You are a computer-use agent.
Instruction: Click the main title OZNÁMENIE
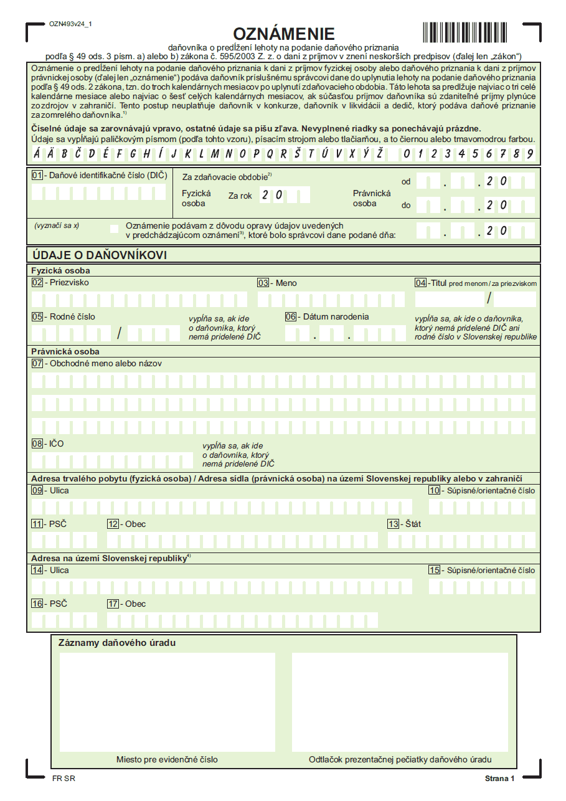click(283, 34)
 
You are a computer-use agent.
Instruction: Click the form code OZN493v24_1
click(70, 24)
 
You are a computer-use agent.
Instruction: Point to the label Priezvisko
click(69, 283)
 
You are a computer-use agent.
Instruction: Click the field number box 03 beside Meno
click(263, 283)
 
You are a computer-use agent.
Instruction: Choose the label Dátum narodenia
click(336, 316)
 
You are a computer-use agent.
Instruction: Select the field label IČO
click(57, 444)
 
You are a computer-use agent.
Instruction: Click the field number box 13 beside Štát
click(393, 524)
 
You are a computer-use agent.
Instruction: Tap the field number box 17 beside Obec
click(113, 604)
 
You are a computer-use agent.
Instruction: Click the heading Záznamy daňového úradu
click(116, 642)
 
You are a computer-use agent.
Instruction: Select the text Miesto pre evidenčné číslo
click(167, 759)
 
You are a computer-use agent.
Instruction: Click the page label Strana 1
click(500, 779)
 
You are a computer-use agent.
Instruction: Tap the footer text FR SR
click(64, 779)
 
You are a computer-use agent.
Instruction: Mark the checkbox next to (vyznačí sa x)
click(114, 229)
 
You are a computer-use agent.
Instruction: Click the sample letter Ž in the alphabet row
click(379, 153)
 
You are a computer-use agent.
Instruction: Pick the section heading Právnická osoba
click(65, 352)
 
